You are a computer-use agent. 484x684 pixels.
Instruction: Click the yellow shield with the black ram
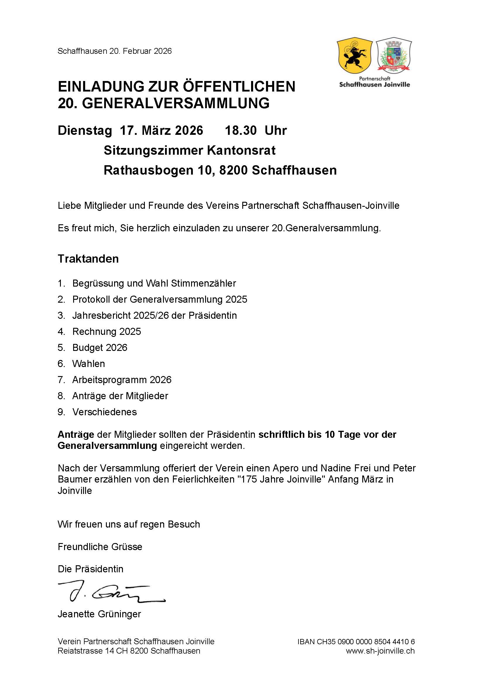tap(354, 56)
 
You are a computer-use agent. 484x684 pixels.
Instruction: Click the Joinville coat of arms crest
tap(394, 55)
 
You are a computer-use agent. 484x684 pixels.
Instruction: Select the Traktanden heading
tap(88, 259)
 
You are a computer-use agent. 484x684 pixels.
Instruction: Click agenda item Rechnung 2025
tap(107, 331)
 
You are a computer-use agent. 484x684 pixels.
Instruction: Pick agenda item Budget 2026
tap(99, 347)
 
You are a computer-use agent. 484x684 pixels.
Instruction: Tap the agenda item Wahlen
tap(88, 363)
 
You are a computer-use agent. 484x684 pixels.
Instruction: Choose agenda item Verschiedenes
tap(104, 412)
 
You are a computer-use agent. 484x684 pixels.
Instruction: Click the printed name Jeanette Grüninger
tap(99, 614)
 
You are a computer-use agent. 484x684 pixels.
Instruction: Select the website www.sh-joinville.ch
tap(380, 651)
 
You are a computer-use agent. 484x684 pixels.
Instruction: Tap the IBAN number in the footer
tap(356, 641)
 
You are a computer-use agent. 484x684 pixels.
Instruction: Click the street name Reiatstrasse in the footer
tap(80, 651)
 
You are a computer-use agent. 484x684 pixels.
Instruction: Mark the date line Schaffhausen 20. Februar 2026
tap(114, 51)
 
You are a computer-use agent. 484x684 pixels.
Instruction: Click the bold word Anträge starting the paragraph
tap(76, 434)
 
